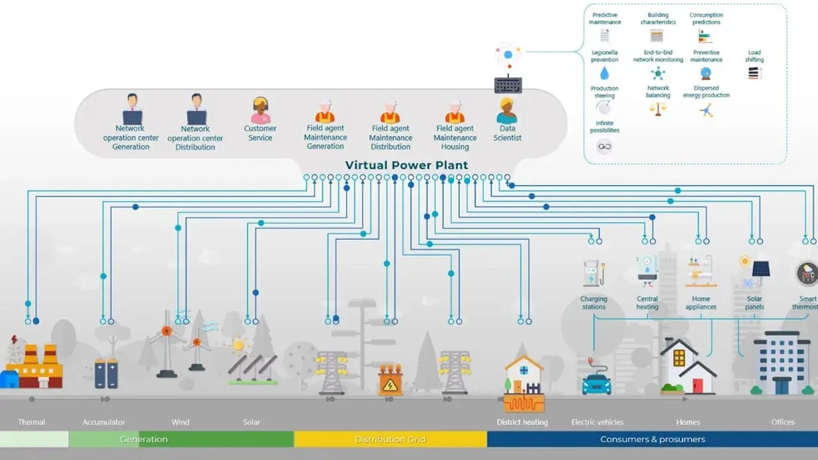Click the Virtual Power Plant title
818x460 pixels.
point(406,165)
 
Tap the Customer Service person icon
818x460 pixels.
point(260,109)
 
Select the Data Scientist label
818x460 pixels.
point(507,133)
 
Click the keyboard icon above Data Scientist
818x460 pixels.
point(508,85)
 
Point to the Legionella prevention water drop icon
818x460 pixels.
point(604,73)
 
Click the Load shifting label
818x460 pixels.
point(754,56)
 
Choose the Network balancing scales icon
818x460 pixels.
point(658,109)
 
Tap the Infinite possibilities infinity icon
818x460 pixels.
point(604,146)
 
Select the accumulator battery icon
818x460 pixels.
point(106,373)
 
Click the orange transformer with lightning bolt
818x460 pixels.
point(390,381)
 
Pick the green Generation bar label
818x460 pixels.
point(143,439)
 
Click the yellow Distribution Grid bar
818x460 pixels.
point(390,439)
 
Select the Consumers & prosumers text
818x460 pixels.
point(652,439)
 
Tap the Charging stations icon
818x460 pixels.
point(593,273)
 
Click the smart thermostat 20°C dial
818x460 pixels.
point(807,274)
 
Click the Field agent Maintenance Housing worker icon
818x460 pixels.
point(455,111)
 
